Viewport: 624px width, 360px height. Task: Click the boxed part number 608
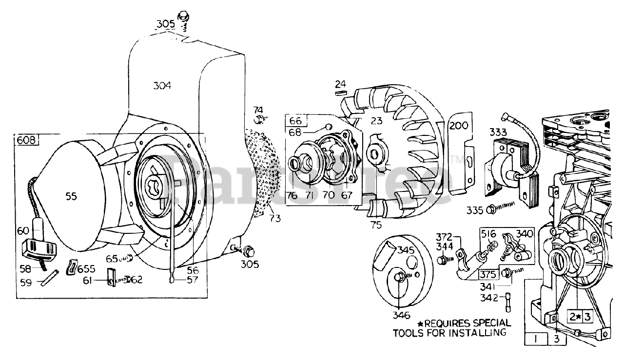[x=26, y=140]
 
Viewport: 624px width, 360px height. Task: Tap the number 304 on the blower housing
[x=162, y=86]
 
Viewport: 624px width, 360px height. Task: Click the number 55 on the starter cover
[x=72, y=196]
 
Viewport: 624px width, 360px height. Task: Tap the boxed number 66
[x=295, y=120]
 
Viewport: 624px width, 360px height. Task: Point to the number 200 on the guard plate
[x=459, y=125]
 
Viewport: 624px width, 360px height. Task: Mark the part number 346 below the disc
[x=401, y=315]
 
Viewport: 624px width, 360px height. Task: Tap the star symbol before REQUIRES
[x=420, y=323]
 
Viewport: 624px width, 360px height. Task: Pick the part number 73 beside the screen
[x=275, y=218]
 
